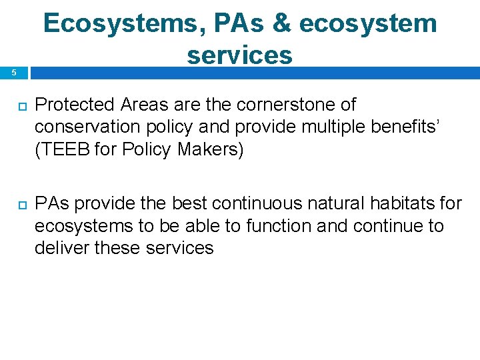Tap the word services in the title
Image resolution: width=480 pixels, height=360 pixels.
pyautogui.click(x=239, y=55)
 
